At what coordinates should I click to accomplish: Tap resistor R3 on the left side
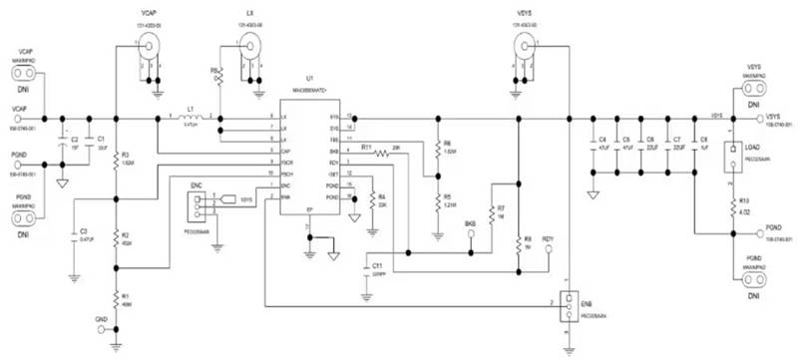117,161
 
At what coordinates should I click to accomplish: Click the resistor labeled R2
117,239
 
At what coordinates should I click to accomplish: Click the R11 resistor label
367,147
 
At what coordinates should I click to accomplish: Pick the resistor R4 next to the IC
371,199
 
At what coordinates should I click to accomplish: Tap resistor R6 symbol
437,147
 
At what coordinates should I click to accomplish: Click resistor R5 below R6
437,199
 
